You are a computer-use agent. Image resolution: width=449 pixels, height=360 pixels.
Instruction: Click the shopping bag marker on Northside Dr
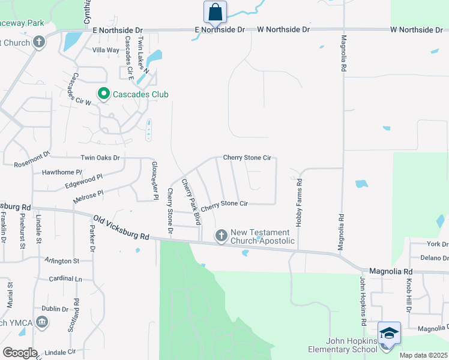pyautogui.click(x=215, y=13)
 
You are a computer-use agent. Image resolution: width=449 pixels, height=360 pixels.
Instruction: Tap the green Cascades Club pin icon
pyautogui.click(x=103, y=94)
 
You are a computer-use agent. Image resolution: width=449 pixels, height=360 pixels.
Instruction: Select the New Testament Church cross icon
pyautogui.click(x=221, y=236)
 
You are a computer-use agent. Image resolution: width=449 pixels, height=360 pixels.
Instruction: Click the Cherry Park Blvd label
pyautogui.click(x=190, y=202)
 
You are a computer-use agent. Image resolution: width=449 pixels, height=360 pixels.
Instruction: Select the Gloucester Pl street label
pyautogui.click(x=154, y=181)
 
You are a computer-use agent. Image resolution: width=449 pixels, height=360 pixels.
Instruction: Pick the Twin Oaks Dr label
pyautogui.click(x=100, y=158)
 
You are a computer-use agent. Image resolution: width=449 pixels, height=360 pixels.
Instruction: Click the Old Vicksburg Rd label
pyautogui.click(x=121, y=229)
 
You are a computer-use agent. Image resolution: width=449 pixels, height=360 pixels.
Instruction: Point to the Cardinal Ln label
pyautogui.click(x=65, y=279)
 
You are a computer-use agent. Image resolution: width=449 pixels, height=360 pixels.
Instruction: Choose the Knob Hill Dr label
pyautogui.click(x=407, y=295)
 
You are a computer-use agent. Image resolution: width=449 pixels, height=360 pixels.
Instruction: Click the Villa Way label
pyautogui.click(x=106, y=50)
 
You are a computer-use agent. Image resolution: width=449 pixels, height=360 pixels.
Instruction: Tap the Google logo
pyautogui.click(x=19, y=352)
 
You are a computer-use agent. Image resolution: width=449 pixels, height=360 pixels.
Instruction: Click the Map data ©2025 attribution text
pyautogui.click(x=423, y=355)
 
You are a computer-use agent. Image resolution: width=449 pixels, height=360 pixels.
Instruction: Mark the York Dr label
pyautogui.click(x=437, y=244)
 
